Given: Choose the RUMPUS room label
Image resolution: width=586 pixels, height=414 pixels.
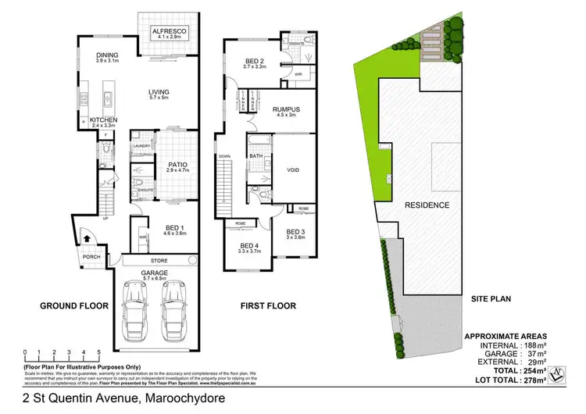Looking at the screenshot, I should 286,110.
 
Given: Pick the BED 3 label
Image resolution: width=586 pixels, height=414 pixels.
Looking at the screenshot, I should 295,232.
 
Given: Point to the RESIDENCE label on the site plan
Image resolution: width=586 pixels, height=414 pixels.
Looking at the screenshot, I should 427,205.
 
